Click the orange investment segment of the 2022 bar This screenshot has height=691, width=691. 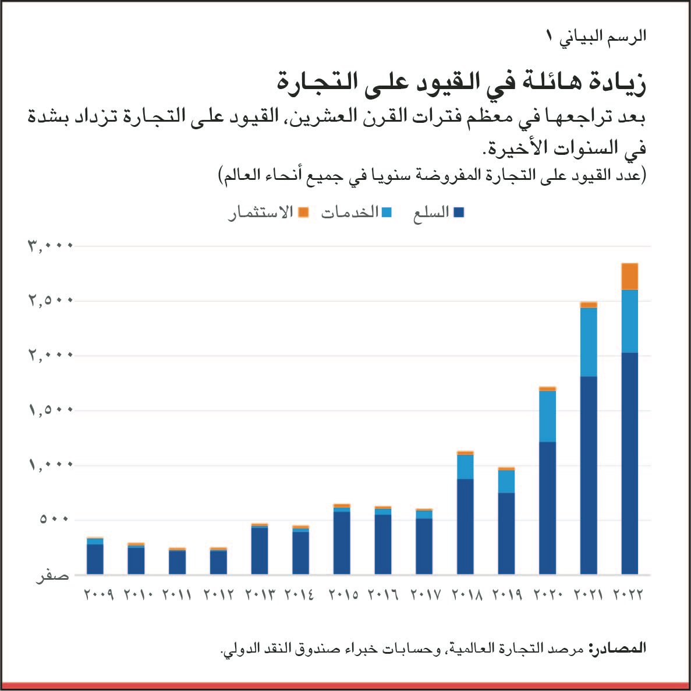click(629, 277)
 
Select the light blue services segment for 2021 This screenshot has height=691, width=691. click(589, 342)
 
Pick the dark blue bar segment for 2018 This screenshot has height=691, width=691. click(465, 526)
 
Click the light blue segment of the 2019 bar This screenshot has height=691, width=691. click(506, 481)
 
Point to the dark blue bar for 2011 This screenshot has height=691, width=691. click(177, 562)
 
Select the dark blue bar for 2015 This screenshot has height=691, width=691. click(342, 543)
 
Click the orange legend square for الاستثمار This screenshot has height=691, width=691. click(303, 213)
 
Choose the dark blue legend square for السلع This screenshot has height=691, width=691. click(459, 213)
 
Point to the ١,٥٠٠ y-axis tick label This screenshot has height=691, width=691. click(50, 410)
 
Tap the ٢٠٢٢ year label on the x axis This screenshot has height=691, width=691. click(629, 595)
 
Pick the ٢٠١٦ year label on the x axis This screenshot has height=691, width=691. click(382, 595)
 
